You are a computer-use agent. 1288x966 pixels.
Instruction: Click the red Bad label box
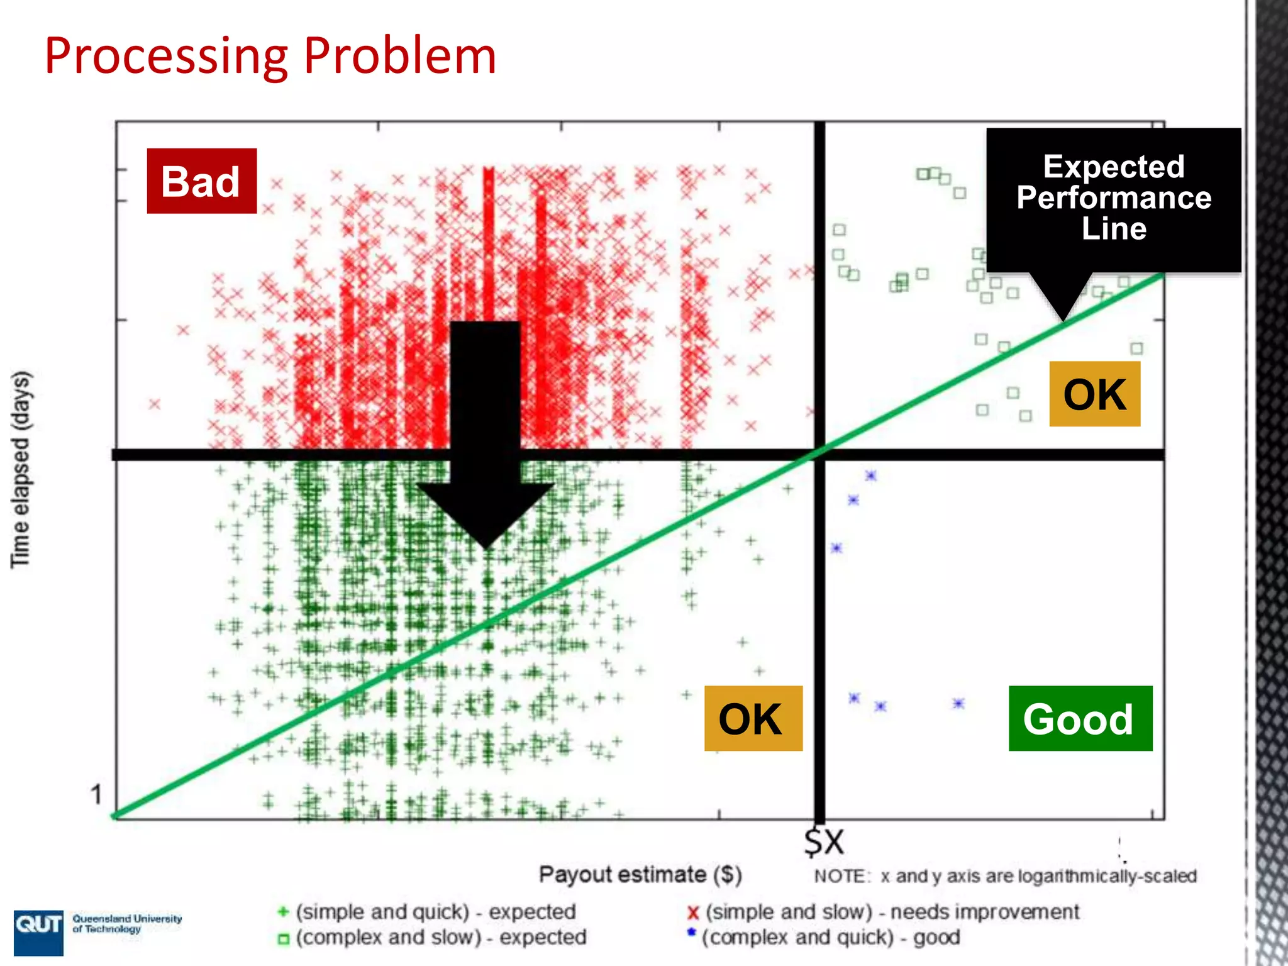click(x=201, y=181)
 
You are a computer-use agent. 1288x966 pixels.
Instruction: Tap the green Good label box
click(x=1080, y=718)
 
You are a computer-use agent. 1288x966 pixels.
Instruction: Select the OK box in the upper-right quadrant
click(x=1094, y=394)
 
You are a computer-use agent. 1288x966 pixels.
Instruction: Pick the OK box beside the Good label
click(x=752, y=718)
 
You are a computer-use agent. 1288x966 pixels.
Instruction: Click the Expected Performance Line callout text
click(x=1113, y=197)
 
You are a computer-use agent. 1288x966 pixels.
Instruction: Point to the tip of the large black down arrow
click(x=486, y=546)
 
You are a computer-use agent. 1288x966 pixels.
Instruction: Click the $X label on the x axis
click(x=824, y=841)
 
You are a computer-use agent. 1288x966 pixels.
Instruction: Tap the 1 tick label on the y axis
click(x=96, y=794)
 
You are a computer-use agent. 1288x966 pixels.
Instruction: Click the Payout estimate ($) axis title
click(x=640, y=875)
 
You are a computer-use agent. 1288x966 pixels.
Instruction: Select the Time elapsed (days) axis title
click(x=20, y=469)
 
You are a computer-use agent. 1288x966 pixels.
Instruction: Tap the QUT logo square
click(x=38, y=931)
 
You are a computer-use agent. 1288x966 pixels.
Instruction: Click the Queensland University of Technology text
click(x=126, y=923)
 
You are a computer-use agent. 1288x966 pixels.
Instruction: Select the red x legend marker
click(x=693, y=913)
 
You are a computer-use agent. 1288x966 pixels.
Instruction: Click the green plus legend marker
click(x=283, y=911)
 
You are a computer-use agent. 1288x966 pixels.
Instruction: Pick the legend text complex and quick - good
click(x=830, y=937)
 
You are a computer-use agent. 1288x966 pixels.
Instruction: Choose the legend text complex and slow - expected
click(x=441, y=937)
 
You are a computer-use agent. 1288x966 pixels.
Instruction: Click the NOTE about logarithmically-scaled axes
click(x=1004, y=876)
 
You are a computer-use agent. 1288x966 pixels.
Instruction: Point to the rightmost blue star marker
click(x=958, y=703)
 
